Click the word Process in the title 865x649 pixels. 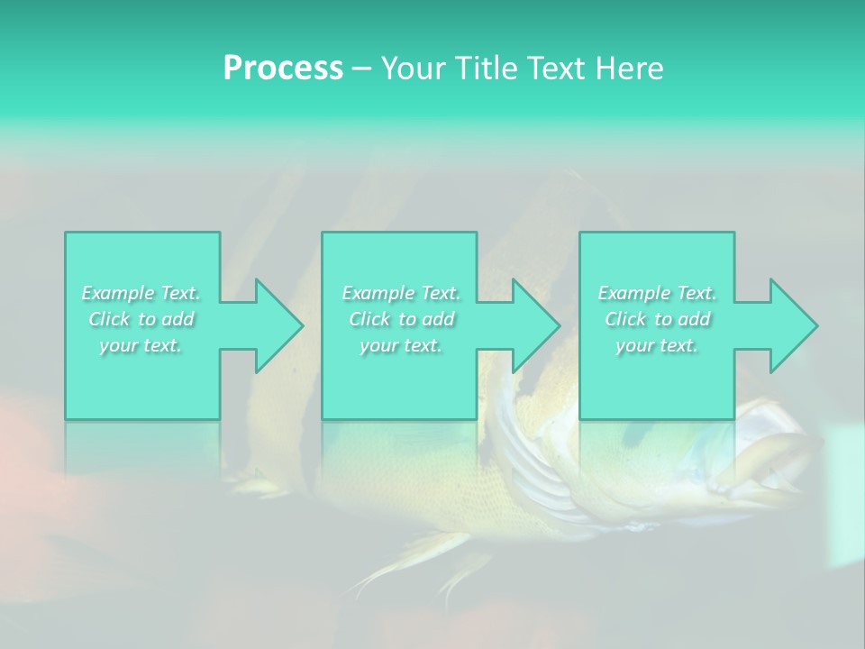point(283,69)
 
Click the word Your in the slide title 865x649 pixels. point(412,69)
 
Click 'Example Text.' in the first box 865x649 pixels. point(141,293)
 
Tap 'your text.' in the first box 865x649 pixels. point(141,345)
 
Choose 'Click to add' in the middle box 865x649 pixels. point(400,319)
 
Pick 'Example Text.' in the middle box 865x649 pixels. point(400,293)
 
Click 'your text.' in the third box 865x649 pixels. point(657,345)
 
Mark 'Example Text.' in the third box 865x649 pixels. point(657,293)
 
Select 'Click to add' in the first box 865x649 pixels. point(141,319)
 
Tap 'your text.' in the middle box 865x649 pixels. point(400,345)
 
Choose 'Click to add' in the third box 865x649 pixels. point(657,319)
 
